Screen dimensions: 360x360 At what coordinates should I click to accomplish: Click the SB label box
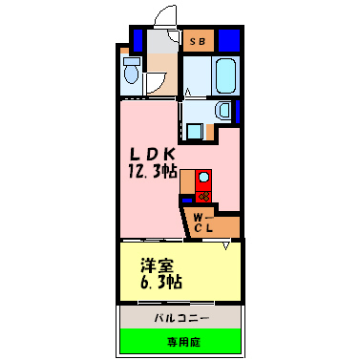[x=199, y=41]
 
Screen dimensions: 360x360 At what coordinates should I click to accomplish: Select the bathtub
[x=225, y=73]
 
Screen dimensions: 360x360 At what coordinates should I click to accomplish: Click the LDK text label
[x=151, y=152]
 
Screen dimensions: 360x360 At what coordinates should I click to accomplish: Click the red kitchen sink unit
[x=204, y=179]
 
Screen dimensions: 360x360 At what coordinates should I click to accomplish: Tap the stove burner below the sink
[x=203, y=197]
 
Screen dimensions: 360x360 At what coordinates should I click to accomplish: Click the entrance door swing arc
[x=164, y=16]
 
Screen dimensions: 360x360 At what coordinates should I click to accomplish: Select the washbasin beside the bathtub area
[x=222, y=109]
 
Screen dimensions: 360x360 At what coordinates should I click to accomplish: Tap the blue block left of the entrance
[x=137, y=41]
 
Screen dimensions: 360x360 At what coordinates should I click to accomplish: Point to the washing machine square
[x=196, y=127]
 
